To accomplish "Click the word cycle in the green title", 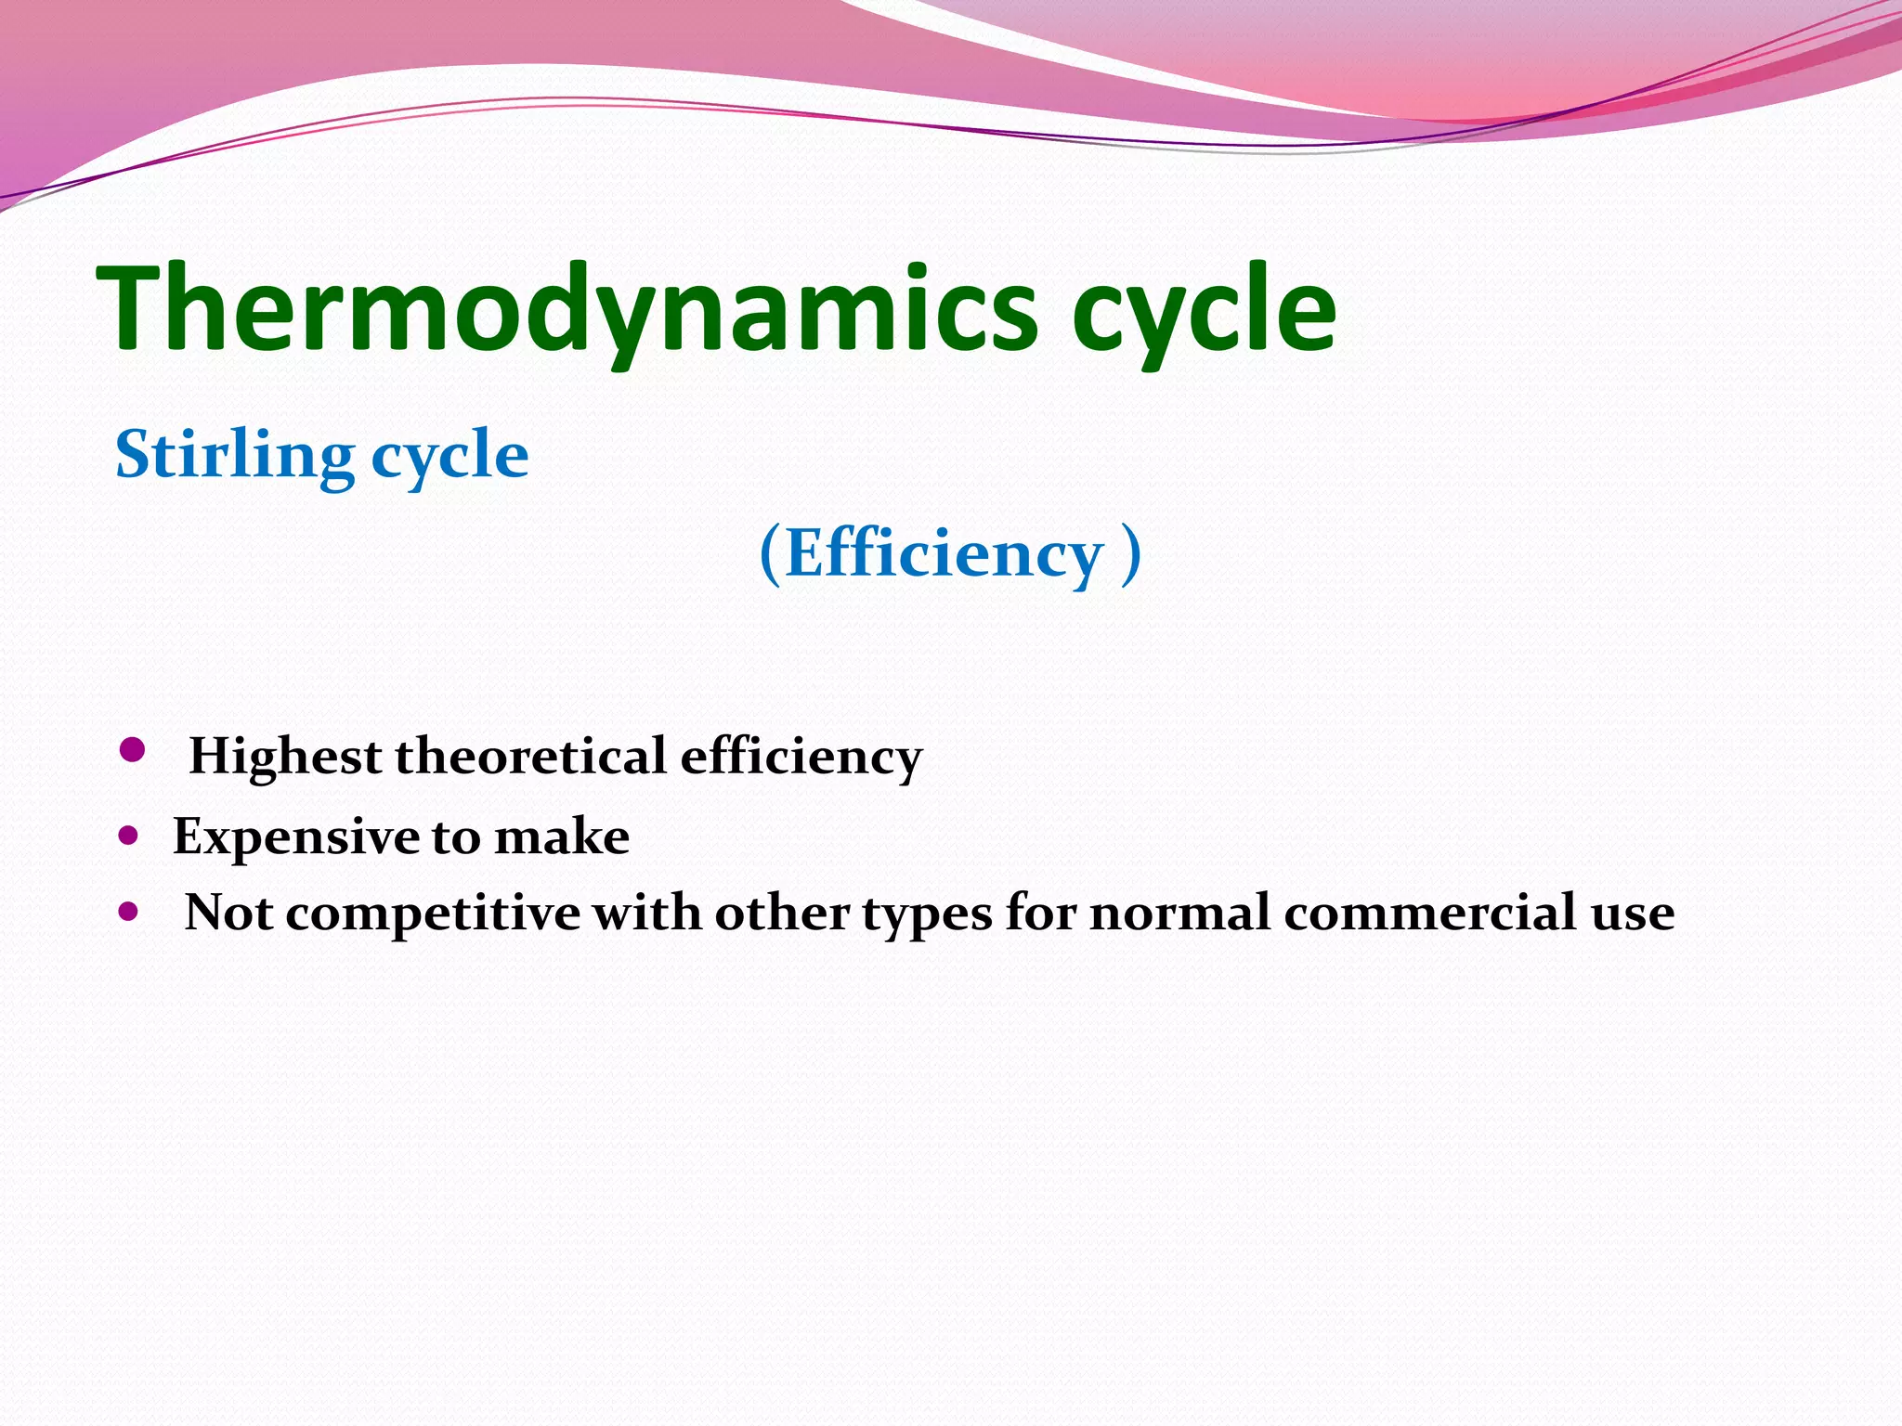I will click(x=1204, y=311).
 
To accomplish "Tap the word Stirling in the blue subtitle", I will click(x=235, y=455).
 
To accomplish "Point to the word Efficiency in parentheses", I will click(x=944, y=553).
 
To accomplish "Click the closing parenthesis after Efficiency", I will click(x=1130, y=553).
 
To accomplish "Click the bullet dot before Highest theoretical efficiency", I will click(x=133, y=750).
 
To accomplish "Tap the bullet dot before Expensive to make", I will click(x=128, y=836).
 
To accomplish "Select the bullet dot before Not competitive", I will click(x=128, y=912).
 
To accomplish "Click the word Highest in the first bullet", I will click(x=285, y=756).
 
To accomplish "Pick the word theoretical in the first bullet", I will click(x=530, y=756).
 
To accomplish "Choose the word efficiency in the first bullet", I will click(x=801, y=756).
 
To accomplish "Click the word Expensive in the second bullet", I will click(x=295, y=836).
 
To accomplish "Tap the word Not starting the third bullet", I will click(x=228, y=913).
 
